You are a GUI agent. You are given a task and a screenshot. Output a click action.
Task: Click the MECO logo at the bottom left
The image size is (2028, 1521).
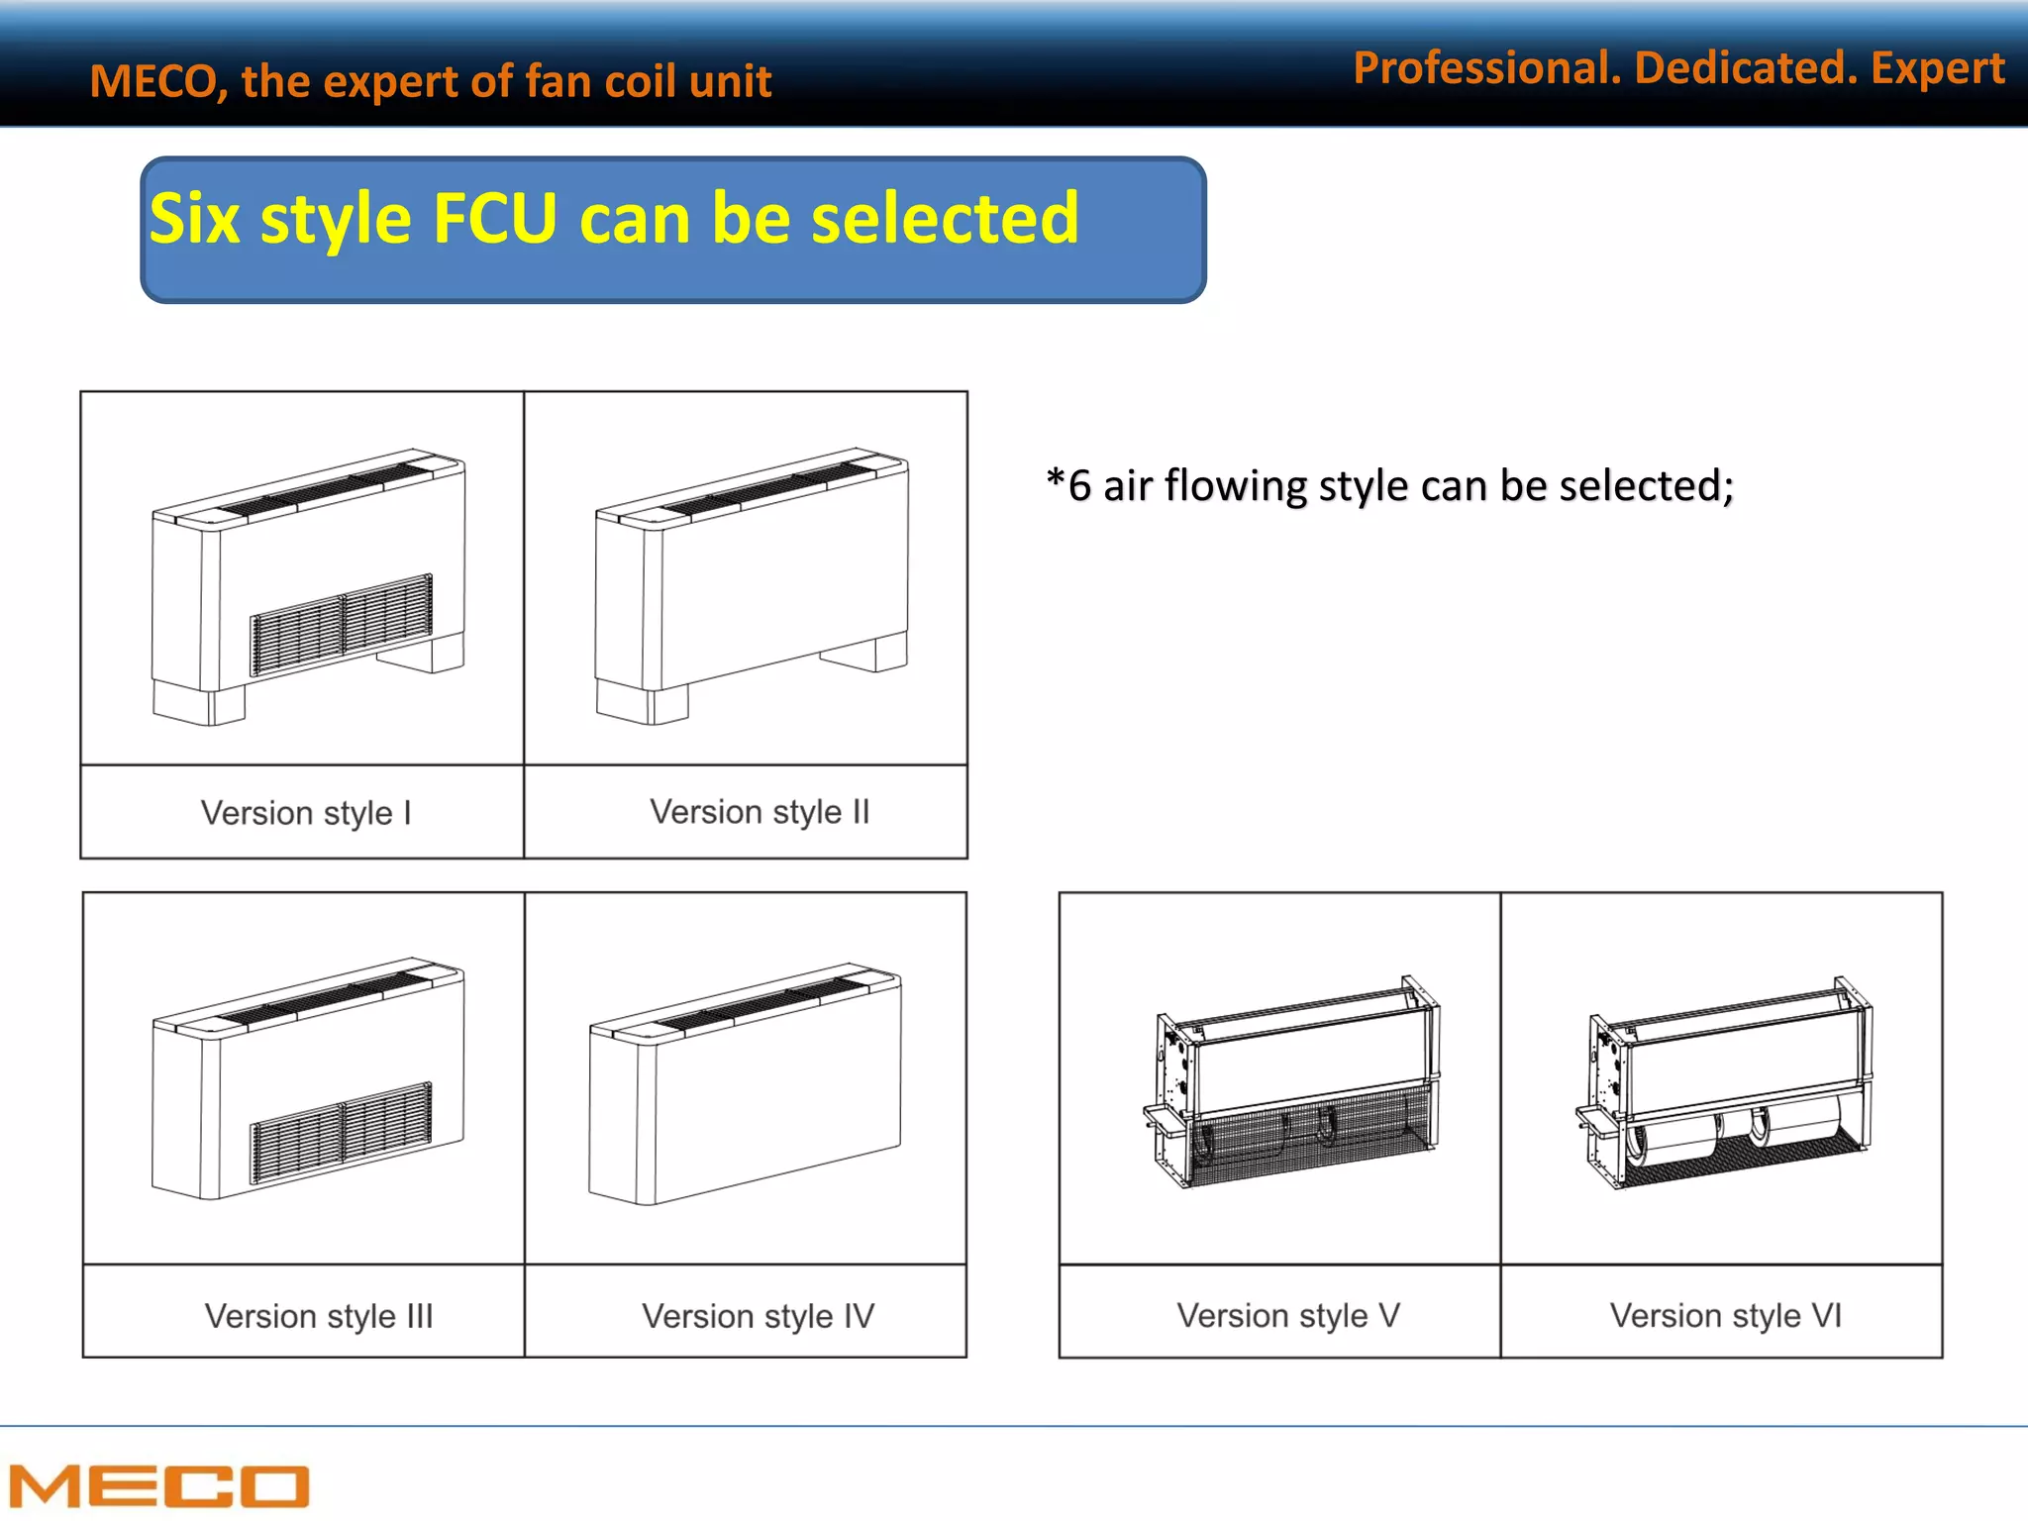coord(158,1485)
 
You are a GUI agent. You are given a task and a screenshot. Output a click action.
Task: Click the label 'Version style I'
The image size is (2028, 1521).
coord(306,813)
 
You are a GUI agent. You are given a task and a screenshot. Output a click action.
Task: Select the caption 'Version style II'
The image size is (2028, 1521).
coord(760,812)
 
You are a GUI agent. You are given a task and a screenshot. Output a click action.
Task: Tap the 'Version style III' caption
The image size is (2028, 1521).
coord(319,1316)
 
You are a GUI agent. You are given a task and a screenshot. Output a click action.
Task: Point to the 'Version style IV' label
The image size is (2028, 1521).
coord(759,1316)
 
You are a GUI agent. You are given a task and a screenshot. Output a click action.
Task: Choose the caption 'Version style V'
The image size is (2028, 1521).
coord(1288,1315)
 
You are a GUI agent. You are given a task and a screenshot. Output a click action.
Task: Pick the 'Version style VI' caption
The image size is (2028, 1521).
coord(1726,1315)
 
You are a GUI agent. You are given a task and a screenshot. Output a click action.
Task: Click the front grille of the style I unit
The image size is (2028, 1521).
coord(342,625)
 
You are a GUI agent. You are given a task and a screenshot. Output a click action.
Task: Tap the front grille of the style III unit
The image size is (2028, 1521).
coord(342,1132)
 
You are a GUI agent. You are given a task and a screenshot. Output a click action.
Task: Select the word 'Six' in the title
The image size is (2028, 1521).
coord(195,219)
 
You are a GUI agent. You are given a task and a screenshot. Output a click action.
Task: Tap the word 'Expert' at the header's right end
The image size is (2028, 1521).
coord(1938,68)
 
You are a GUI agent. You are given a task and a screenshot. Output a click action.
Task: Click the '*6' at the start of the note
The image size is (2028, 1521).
coord(1067,485)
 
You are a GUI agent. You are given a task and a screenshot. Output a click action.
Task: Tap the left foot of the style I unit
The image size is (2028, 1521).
coord(198,703)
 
